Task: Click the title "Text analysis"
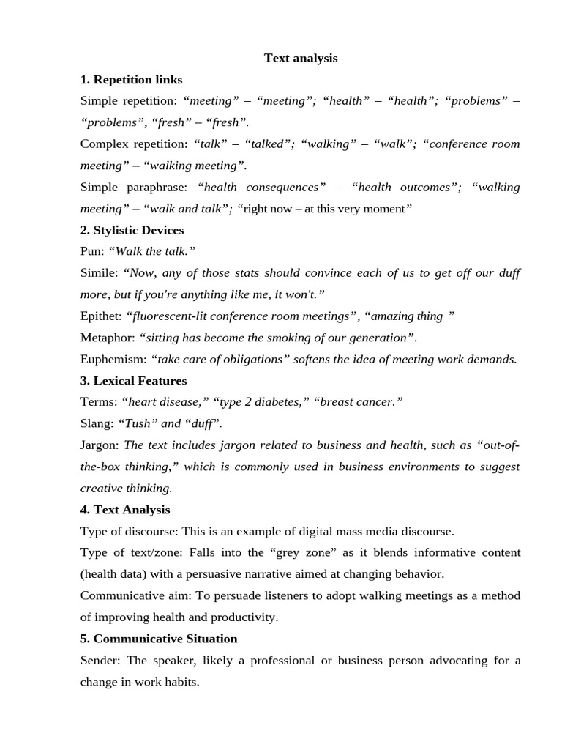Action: point(301,58)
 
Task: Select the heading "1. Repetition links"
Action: point(132,79)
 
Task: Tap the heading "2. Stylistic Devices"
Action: point(132,230)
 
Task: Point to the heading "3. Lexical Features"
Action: point(134,380)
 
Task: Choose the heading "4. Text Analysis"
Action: point(125,509)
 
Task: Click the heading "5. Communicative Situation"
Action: point(159,638)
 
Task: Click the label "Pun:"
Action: point(92,251)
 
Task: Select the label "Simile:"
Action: point(100,273)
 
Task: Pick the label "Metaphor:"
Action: point(108,337)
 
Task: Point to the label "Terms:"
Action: point(100,401)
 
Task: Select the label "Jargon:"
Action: point(100,445)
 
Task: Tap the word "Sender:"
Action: point(100,660)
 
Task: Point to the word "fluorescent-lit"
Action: point(167,316)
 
